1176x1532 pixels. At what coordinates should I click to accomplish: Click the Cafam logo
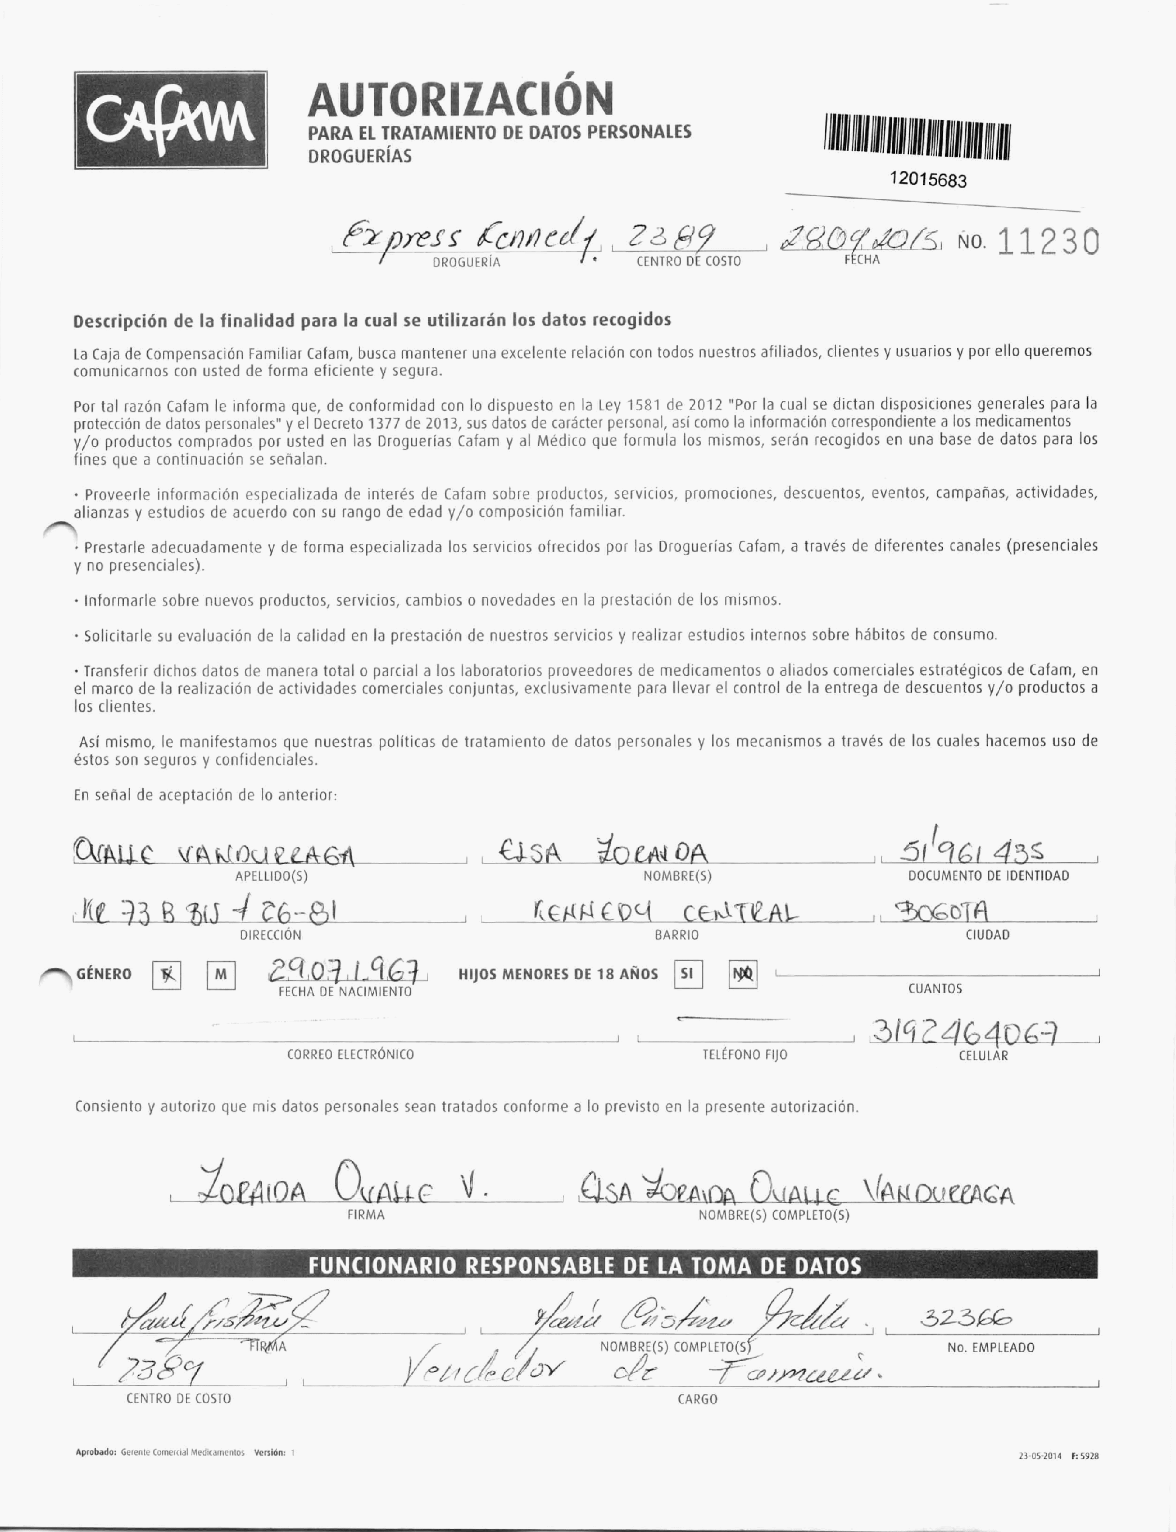pos(171,120)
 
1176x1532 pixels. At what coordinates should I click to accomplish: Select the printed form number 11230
pos(1047,242)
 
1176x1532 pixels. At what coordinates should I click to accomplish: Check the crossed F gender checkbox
pos(167,975)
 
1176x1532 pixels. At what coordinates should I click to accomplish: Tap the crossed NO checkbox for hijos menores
pos(742,974)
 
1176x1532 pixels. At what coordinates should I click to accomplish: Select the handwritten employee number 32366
pos(965,1319)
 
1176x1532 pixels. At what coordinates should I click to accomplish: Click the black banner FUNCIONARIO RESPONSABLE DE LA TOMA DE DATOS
pos(584,1265)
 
